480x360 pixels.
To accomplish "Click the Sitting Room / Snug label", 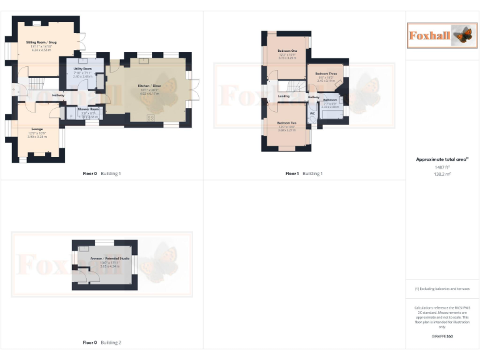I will point(41,42).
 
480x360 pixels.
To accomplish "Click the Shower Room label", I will point(88,109).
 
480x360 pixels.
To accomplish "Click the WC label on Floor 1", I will point(312,113).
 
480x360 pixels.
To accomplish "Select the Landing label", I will point(284,96).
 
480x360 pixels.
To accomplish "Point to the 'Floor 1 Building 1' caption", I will point(304,173).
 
